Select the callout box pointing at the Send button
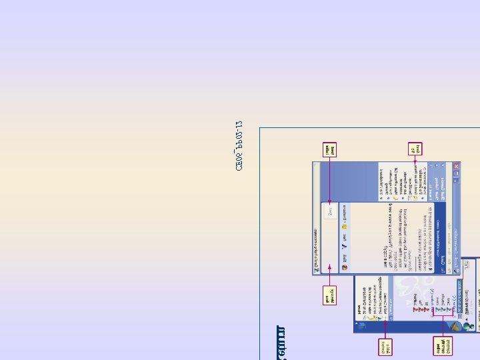[x=329, y=149]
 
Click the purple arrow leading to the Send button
[x=329, y=183]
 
